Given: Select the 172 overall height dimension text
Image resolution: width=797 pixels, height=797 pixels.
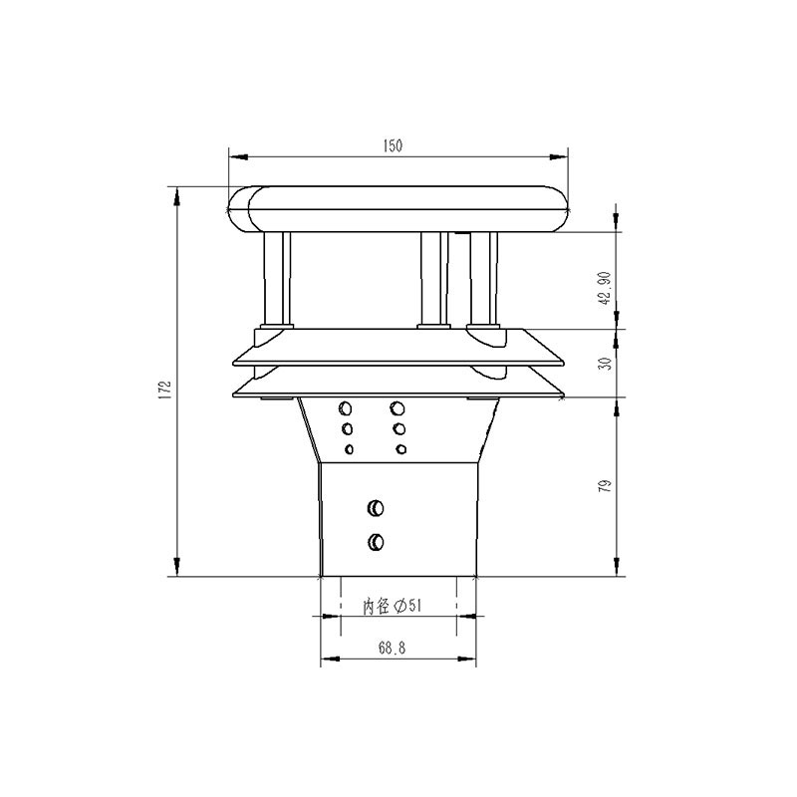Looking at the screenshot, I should [x=165, y=389].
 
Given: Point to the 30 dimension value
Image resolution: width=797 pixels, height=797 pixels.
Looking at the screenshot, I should [x=604, y=364].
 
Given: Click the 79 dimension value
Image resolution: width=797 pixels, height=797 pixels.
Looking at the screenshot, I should [x=604, y=486].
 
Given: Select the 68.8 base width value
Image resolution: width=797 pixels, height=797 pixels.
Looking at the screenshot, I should [x=391, y=648].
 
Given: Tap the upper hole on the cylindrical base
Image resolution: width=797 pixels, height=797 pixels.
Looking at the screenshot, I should [x=376, y=508].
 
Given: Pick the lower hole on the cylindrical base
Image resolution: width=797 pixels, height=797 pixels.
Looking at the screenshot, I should [x=376, y=542].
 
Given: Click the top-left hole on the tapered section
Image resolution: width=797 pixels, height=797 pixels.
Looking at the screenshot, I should [x=346, y=407].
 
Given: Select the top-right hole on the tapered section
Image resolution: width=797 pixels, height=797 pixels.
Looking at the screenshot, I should [x=398, y=407].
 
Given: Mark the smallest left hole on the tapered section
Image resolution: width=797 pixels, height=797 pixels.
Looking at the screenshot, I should [x=349, y=449].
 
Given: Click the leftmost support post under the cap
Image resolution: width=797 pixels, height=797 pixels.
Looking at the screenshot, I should [x=275, y=279].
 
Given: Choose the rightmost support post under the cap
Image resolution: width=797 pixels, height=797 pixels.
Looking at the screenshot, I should [x=482, y=279].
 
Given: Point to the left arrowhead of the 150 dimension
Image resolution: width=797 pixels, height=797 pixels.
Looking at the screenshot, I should [x=236, y=155].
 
